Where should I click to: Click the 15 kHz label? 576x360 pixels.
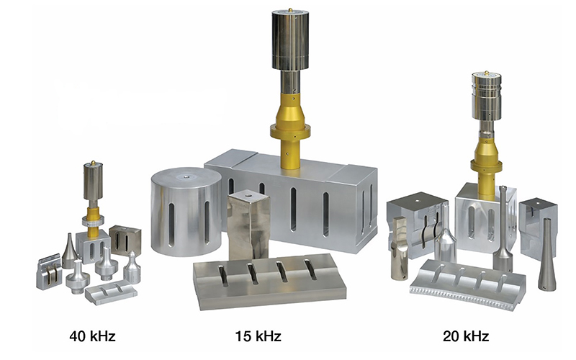(x=258, y=336)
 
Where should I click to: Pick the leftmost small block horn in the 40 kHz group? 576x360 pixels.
(x=52, y=269)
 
